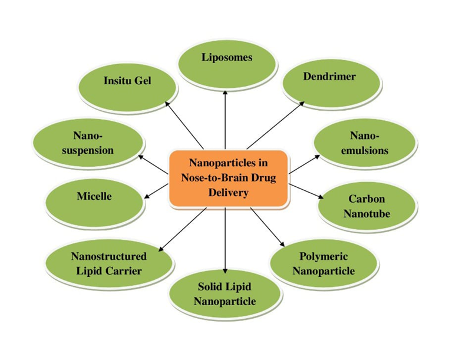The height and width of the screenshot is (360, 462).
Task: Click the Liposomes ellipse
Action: click(227, 58)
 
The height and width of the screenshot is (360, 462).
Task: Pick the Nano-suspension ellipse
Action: click(89, 143)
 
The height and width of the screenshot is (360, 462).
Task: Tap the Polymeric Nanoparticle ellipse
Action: click(324, 263)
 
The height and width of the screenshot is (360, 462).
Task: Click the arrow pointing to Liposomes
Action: click(225, 118)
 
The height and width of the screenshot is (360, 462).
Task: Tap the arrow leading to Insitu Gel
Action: click(183, 124)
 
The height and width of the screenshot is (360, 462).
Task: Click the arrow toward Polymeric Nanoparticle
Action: click(268, 227)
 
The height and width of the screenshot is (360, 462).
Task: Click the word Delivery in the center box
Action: click(229, 192)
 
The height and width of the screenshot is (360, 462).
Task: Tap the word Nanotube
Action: click(367, 214)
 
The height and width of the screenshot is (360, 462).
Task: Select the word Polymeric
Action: click(324, 256)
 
